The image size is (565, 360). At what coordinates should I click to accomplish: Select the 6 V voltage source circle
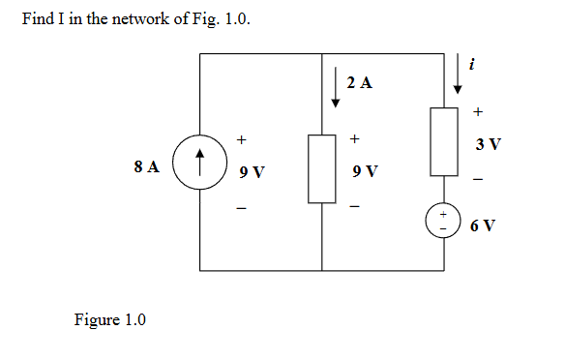pyautogui.click(x=445, y=222)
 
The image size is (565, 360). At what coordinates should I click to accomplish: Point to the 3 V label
pyautogui.click(x=488, y=145)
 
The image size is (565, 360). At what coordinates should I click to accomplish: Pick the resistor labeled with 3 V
pyautogui.click(x=444, y=141)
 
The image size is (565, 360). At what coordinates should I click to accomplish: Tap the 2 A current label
pyautogui.click(x=359, y=83)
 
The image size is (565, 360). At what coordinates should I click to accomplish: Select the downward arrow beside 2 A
pyautogui.click(x=335, y=86)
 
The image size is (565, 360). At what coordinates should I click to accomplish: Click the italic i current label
pyautogui.click(x=471, y=65)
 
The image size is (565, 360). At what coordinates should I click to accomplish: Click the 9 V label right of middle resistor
pyautogui.click(x=366, y=173)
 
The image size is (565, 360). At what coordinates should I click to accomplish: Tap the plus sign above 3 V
pyautogui.click(x=478, y=113)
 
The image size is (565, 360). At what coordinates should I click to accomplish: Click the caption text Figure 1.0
pyautogui.click(x=109, y=320)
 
